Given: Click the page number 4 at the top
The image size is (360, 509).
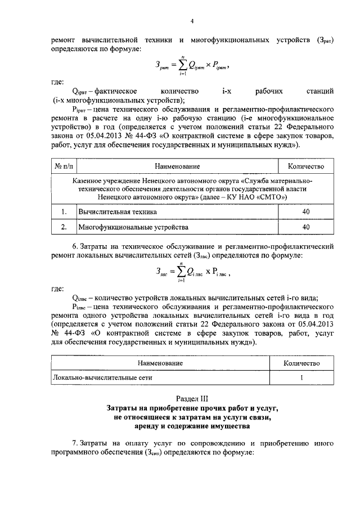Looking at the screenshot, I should [x=191, y=22].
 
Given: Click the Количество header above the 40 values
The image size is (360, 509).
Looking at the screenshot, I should [x=306, y=166].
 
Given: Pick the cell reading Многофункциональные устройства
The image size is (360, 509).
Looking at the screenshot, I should [x=125, y=227].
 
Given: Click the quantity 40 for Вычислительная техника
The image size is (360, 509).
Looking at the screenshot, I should [x=306, y=211].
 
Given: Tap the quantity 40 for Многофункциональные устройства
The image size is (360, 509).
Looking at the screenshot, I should [x=306, y=227].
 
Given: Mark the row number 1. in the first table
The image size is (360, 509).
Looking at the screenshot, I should [x=64, y=211].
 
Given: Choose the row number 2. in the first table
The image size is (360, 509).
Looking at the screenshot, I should [x=64, y=227].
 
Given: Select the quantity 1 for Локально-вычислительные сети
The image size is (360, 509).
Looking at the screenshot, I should [x=301, y=379].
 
